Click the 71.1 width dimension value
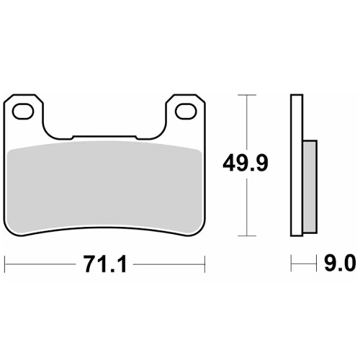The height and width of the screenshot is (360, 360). pyautogui.click(x=105, y=264)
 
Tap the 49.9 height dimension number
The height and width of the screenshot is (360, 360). pyautogui.click(x=245, y=163)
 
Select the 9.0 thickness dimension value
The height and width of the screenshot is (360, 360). pyautogui.click(x=340, y=264)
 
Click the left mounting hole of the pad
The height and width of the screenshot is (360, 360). pyautogui.click(x=23, y=112)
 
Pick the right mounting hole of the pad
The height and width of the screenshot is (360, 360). pyautogui.click(x=186, y=112)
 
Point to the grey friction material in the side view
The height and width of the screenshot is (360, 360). pyautogui.click(x=310, y=186)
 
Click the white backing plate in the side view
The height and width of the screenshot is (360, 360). pyautogui.click(x=297, y=165)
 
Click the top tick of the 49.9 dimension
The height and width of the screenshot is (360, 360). pyautogui.click(x=247, y=95)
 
